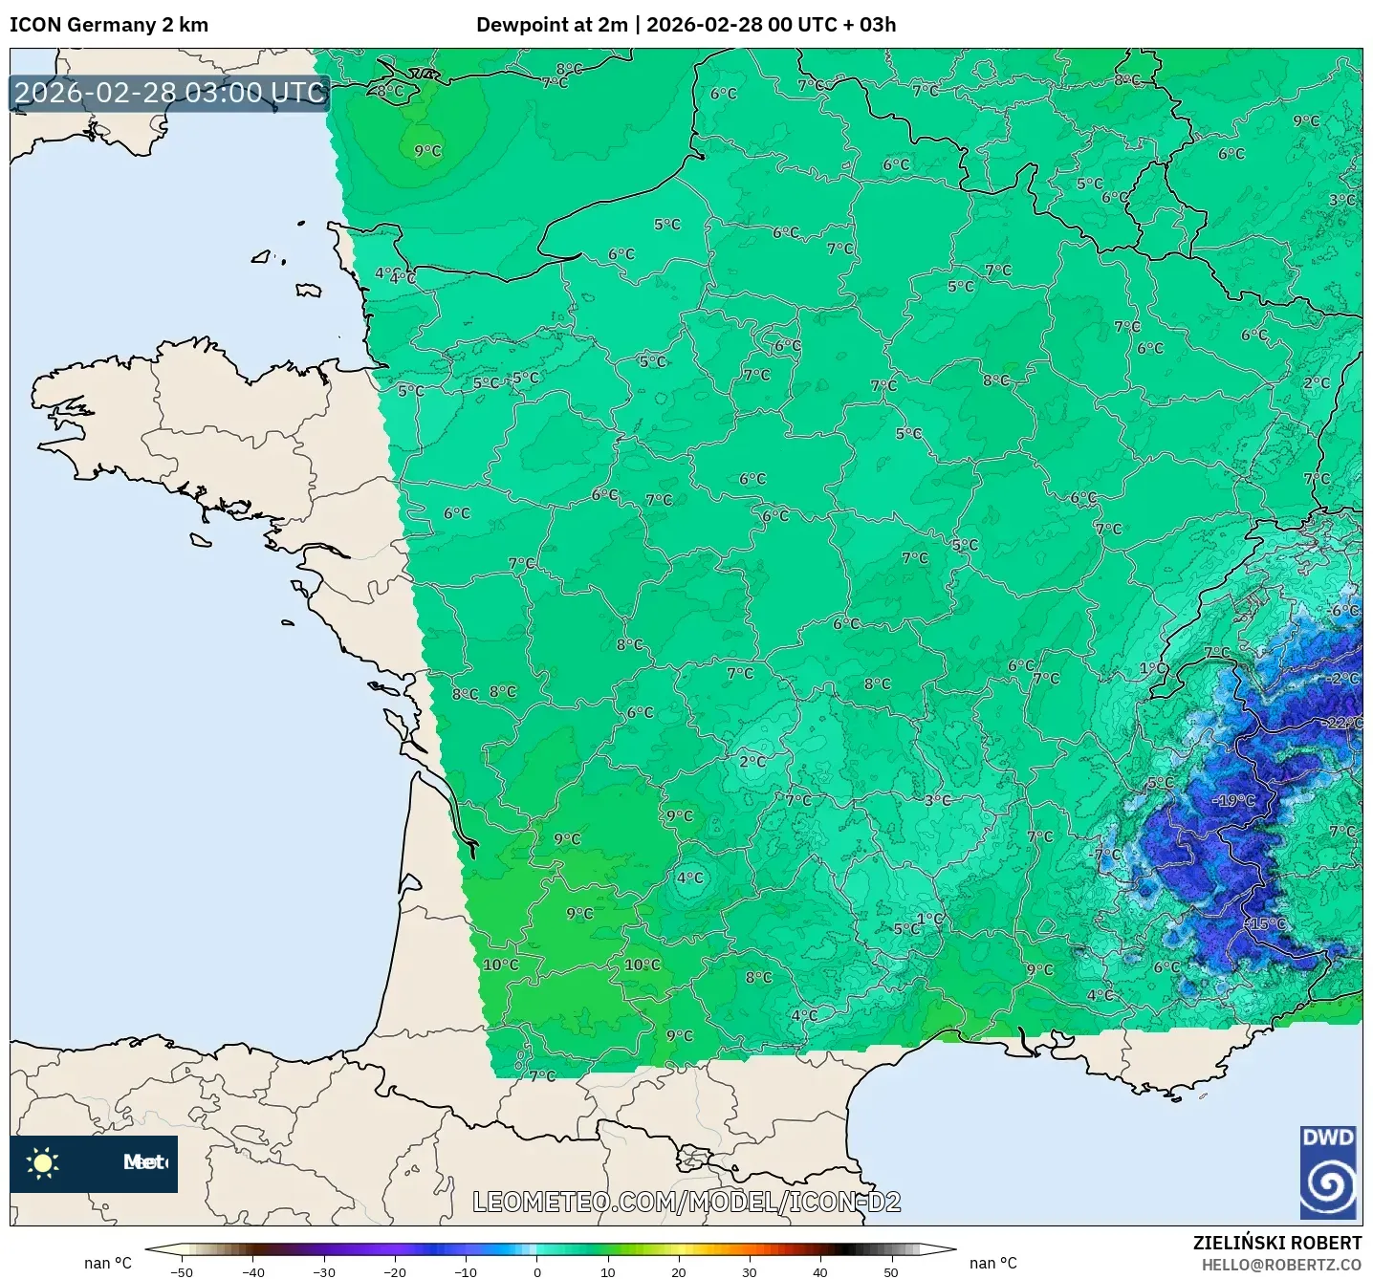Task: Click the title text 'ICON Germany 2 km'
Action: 109,25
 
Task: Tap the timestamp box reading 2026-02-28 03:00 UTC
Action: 170,93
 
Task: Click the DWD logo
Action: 1328,1172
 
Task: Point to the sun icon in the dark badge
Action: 43,1162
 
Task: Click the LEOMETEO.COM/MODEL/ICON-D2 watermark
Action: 686,1202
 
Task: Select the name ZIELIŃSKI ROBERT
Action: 1276,1243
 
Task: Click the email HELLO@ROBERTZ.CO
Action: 1281,1265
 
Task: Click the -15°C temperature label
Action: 1266,923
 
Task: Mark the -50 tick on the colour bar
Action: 181,1271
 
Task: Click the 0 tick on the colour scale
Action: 536,1271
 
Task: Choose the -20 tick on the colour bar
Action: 394,1271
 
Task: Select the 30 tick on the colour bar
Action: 749,1271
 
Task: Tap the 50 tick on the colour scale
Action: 890,1271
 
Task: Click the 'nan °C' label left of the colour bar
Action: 107,1263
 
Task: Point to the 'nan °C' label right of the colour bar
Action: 992,1263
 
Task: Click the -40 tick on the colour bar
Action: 252,1271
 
